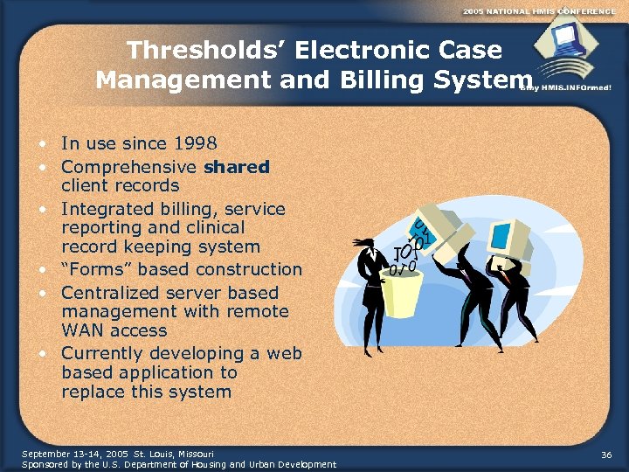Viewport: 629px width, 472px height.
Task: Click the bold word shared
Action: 237,166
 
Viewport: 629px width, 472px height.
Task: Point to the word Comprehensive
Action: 129,166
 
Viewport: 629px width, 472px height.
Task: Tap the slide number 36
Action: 606,455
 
